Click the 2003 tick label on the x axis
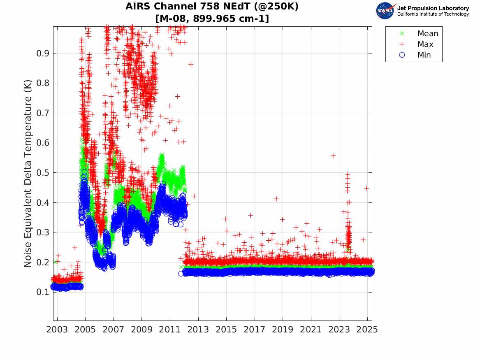[x=57, y=330]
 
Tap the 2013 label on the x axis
[x=198, y=330]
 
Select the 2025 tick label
[x=367, y=330]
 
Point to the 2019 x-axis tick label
[x=283, y=330]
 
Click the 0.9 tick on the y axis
[x=42, y=53]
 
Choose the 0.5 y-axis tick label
[x=42, y=173]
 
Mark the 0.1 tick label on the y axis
[x=42, y=292]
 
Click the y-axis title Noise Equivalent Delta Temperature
[x=28, y=173]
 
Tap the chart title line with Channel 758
[x=212, y=7]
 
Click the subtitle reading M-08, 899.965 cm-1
[x=212, y=19]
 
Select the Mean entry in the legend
[x=427, y=34]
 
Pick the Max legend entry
[x=425, y=44]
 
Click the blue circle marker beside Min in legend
[x=402, y=55]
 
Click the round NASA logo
[x=385, y=11]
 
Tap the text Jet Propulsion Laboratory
[x=433, y=8]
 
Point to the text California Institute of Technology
[x=433, y=14]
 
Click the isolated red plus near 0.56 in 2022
[x=333, y=156]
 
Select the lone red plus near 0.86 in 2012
[x=191, y=64]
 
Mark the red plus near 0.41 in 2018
[x=276, y=199]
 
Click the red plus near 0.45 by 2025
[x=366, y=188]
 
